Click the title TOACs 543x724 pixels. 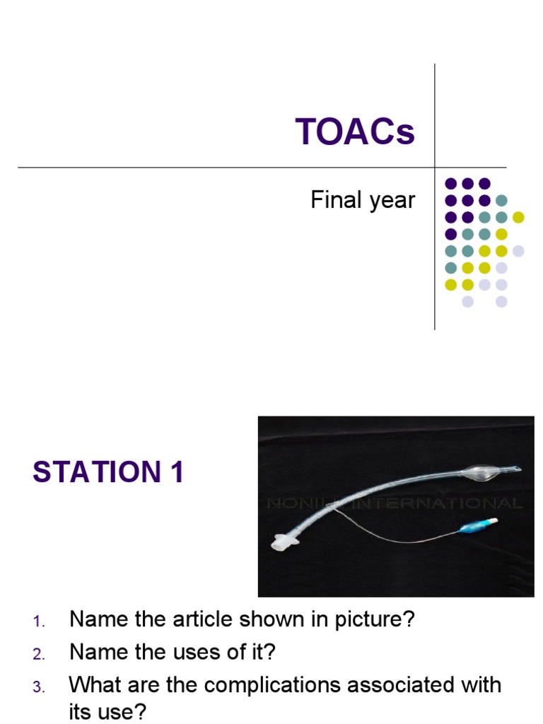point(355,132)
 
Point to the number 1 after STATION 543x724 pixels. point(175,472)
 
